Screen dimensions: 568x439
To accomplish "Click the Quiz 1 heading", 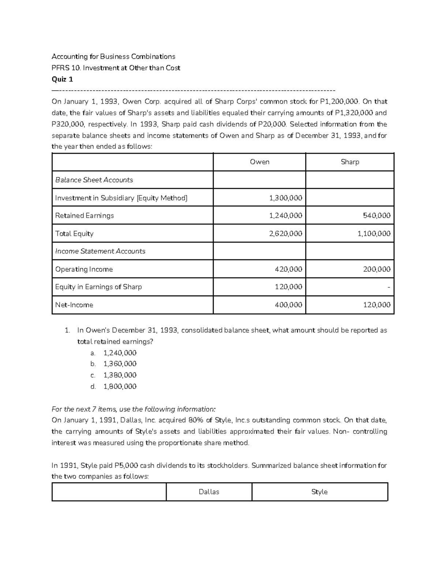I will [x=63, y=79].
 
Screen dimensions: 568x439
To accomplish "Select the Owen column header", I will [x=259, y=162].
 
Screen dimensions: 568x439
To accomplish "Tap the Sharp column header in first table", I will [x=350, y=162].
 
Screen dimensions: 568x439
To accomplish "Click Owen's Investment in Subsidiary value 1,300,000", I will [x=285, y=198].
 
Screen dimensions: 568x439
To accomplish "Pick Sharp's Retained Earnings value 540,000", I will [x=376, y=215].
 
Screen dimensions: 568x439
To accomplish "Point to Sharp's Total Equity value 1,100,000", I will [x=374, y=233].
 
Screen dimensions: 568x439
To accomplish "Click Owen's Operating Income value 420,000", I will [x=288, y=269].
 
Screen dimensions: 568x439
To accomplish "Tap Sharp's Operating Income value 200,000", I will [x=376, y=269].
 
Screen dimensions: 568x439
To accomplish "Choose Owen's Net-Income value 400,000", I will [x=288, y=305].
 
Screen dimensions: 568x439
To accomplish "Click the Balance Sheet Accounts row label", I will [x=94, y=180].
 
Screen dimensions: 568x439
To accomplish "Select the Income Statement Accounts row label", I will [x=100, y=251].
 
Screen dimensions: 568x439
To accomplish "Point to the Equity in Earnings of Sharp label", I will [x=98, y=287].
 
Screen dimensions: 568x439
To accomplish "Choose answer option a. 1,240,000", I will [x=120, y=353].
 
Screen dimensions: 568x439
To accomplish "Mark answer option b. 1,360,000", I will [x=120, y=364].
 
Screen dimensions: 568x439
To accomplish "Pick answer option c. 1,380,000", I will [x=120, y=375].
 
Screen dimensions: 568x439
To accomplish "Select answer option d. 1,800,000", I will [x=120, y=387].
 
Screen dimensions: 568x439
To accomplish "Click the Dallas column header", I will [x=209, y=492].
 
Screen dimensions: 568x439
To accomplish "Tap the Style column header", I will [x=319, y=492].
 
